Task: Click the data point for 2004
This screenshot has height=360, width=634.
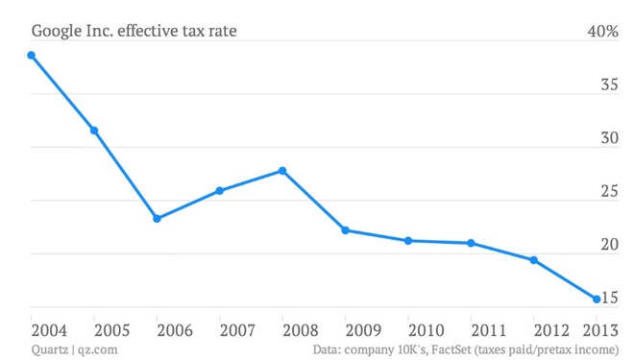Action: pos(31,56)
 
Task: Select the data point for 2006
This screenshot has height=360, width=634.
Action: pos(157,219)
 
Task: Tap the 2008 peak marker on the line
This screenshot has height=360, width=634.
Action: pos(282,171)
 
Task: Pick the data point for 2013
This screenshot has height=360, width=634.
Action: pos(597,299)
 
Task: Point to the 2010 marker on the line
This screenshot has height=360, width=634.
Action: pos(408,241)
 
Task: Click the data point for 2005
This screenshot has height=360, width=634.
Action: pos(94,131)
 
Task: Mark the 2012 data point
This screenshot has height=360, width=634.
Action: pos(534,260)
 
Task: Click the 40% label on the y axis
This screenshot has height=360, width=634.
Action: pos(603,31)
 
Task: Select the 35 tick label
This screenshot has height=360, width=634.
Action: pos(610,84)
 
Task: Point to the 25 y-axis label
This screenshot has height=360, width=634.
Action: pos(610,191)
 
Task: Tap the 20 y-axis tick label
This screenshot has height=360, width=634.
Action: pos(610,245)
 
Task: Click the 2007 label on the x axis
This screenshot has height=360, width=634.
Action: pos(237,330)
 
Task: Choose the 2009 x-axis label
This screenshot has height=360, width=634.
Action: pos(363,330)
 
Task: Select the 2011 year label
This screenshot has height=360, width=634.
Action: pos(488,330)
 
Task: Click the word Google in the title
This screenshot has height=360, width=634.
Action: pos(57,32)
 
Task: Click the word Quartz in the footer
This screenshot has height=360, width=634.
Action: pos(50,349)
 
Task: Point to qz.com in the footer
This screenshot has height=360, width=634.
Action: pos(97,350)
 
